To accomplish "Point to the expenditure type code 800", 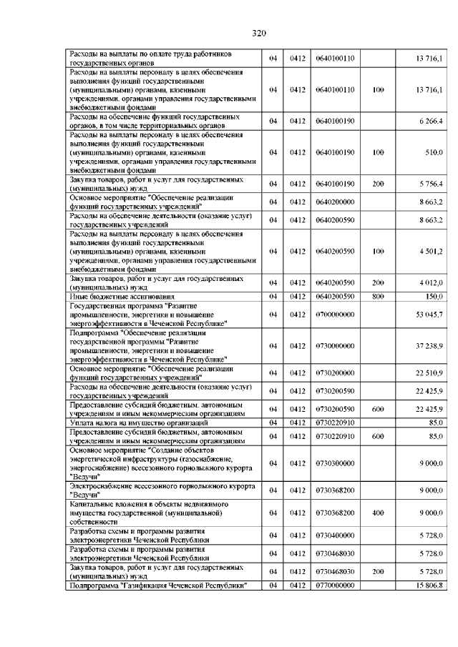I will [379, 296].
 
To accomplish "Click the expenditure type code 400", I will [379, 513].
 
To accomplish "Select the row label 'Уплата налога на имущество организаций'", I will [132, 423].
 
